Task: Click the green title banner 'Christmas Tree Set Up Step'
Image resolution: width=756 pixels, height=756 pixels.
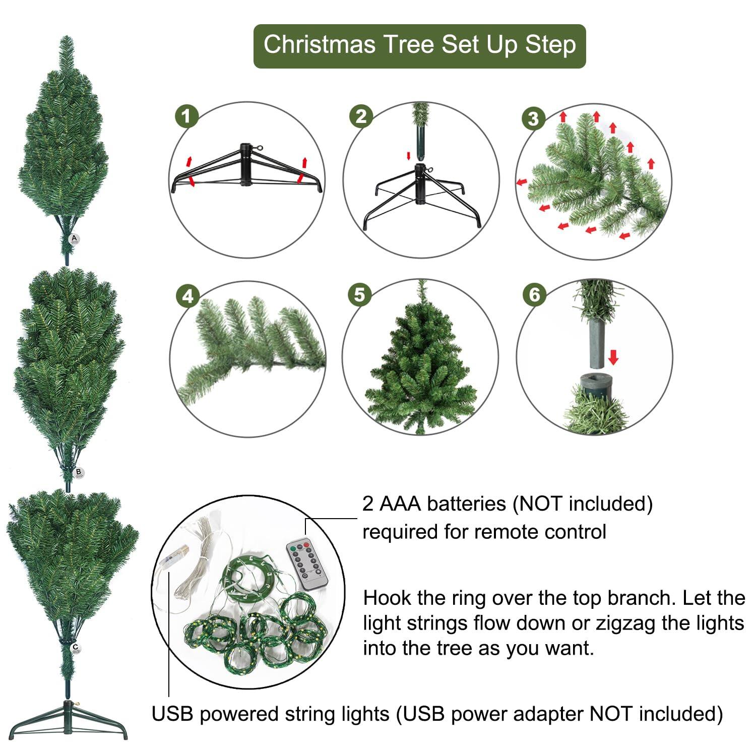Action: pos(419,45)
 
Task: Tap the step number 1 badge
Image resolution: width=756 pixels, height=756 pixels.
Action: pos(186,117)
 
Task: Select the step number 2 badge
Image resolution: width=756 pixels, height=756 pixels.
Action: pos(361,117)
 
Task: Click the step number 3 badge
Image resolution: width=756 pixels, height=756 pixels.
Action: pos(533,119)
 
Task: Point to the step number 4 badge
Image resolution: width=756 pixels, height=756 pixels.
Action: pos(187,296)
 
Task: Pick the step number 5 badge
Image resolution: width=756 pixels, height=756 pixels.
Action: pos(359,295)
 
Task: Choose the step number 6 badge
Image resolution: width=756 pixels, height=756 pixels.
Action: pos(534,295)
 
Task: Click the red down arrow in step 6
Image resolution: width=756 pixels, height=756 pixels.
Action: pos(613,357)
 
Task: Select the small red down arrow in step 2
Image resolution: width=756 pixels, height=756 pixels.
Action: pos(409,155)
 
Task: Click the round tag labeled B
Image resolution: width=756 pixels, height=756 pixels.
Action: pos(78,472)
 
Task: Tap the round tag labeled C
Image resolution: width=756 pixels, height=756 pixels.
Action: pos(75,648)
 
